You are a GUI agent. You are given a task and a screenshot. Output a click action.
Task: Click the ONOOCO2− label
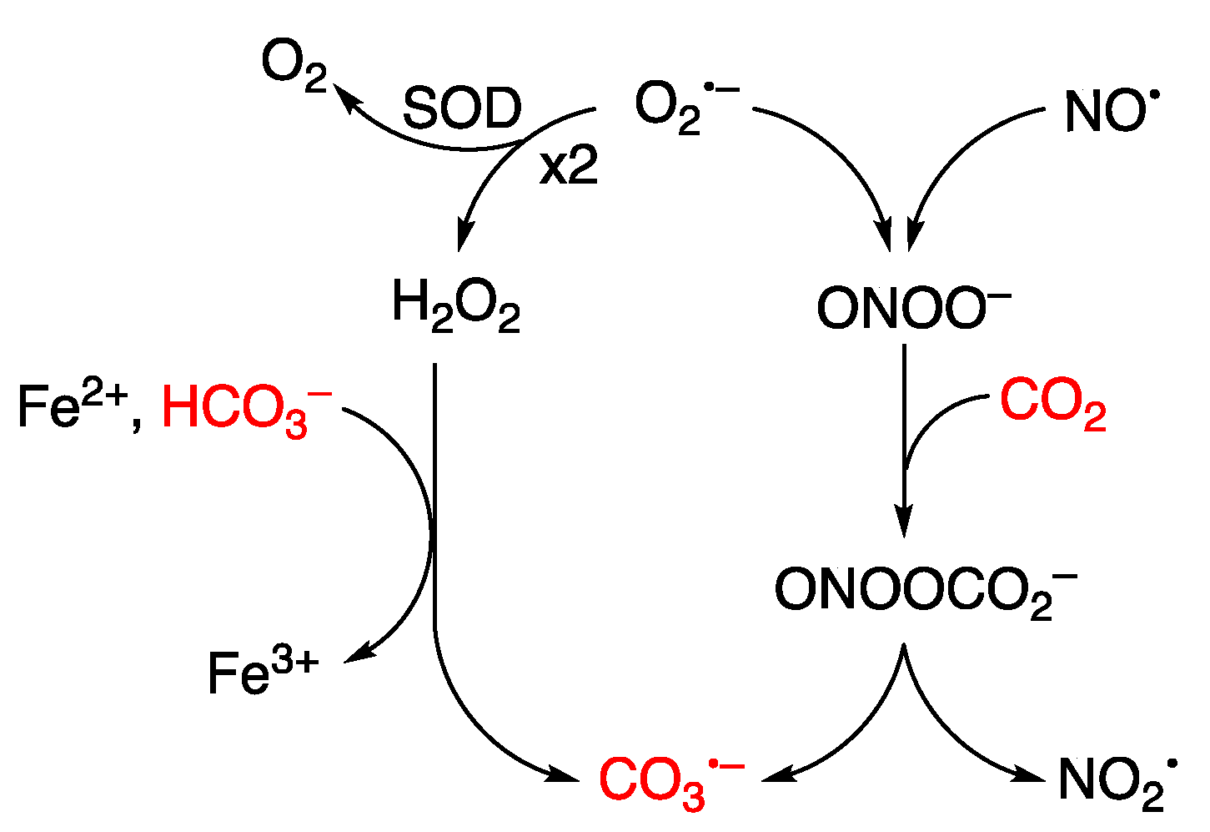click(x=926, y=590)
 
